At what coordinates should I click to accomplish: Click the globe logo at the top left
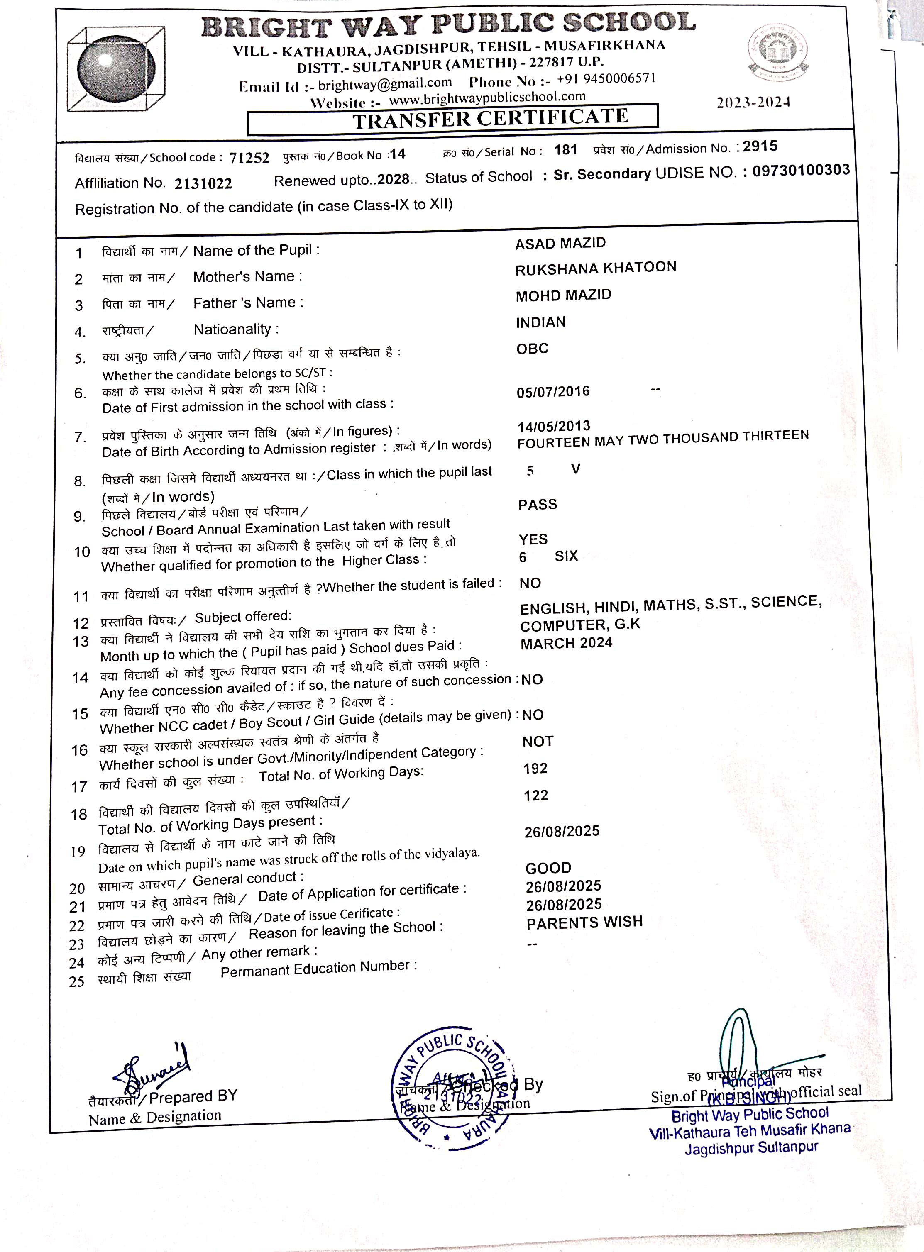pos(116,69)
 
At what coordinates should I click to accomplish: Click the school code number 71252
pos(249,158)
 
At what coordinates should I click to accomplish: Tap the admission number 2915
pos(760,146)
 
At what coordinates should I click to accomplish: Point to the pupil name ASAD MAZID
pos(560,243)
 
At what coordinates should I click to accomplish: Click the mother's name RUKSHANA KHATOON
pos(596,268)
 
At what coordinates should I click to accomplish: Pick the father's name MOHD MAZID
pos(563,295)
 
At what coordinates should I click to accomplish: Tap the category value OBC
pos(532,349)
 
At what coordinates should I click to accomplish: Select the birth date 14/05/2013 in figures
pos(554,427)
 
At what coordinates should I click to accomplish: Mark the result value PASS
pos(538,505)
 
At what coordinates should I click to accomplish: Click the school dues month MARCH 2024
pos(566,644)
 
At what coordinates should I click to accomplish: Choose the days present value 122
pos(536,796)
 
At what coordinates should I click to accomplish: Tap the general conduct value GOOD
pos(548,869)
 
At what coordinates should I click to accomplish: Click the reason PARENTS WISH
pos(584,923)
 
